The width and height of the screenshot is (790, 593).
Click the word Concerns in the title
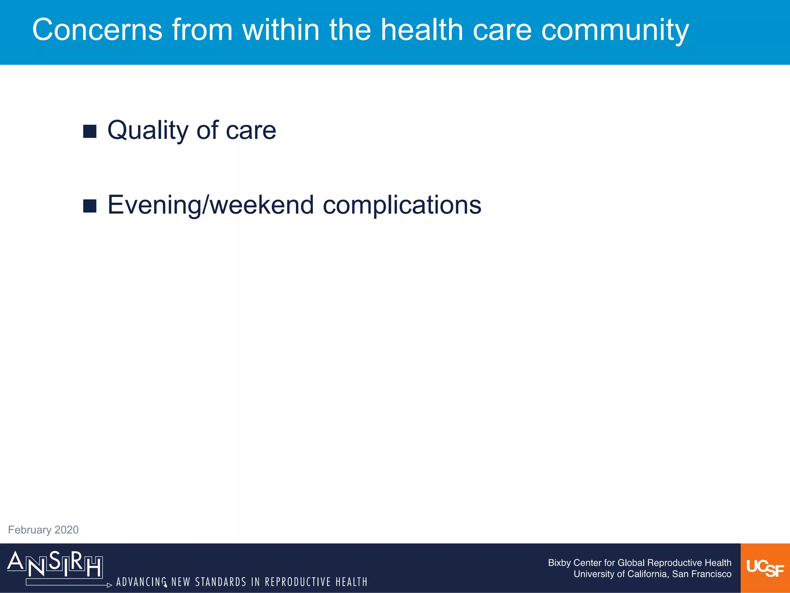97,30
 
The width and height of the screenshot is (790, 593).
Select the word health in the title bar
422,30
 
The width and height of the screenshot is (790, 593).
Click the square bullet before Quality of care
89,131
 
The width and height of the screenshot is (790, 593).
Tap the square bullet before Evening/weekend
89,206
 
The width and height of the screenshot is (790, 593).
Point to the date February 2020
43,530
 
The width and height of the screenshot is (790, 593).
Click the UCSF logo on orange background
765,568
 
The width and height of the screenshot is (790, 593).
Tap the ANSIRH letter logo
55,564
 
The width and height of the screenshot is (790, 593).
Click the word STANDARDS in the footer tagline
221,582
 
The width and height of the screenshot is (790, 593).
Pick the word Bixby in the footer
559,563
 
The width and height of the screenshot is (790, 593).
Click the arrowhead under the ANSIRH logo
110,585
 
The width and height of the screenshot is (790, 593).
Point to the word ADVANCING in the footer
142,582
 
